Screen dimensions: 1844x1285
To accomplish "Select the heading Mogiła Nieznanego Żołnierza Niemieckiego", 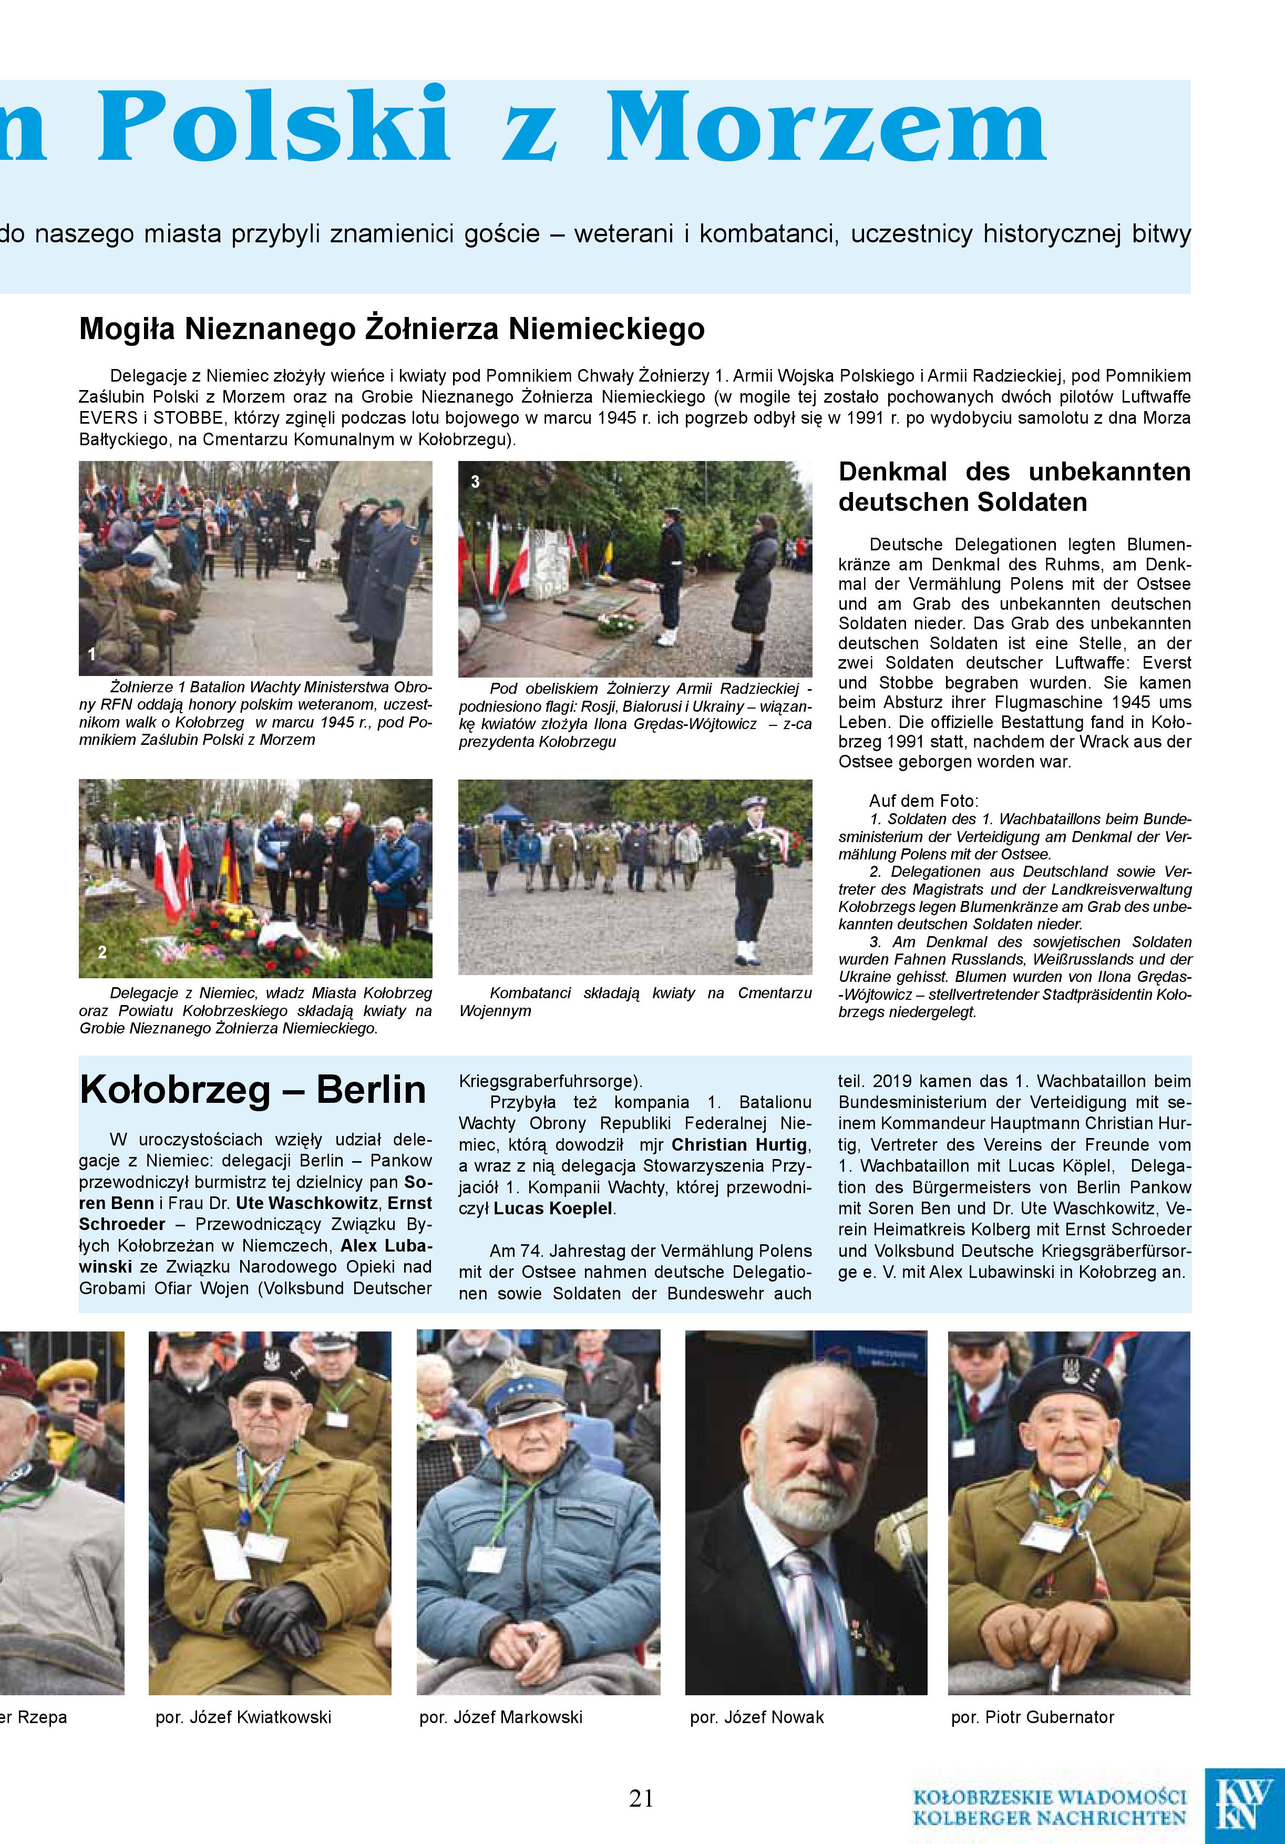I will [392, 329].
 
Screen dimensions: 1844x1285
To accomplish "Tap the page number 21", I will [641, 1797].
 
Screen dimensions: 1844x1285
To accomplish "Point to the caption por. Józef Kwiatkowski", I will [243, 1717].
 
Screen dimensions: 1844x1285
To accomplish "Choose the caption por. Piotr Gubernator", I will [1032, 1717].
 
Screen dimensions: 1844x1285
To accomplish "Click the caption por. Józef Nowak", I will [756, 1717].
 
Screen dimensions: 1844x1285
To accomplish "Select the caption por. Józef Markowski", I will [500, 1717].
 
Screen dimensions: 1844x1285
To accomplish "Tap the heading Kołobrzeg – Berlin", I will [253, 1090].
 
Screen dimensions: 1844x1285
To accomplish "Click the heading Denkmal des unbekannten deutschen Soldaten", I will [1014, 487].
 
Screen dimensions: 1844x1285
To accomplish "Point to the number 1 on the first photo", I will [91, 654].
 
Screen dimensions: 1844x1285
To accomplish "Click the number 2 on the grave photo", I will [102, 952].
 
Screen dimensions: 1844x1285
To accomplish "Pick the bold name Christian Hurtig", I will [739, 1144].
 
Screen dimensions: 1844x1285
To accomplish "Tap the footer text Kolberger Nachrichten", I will [1049, 1817].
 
